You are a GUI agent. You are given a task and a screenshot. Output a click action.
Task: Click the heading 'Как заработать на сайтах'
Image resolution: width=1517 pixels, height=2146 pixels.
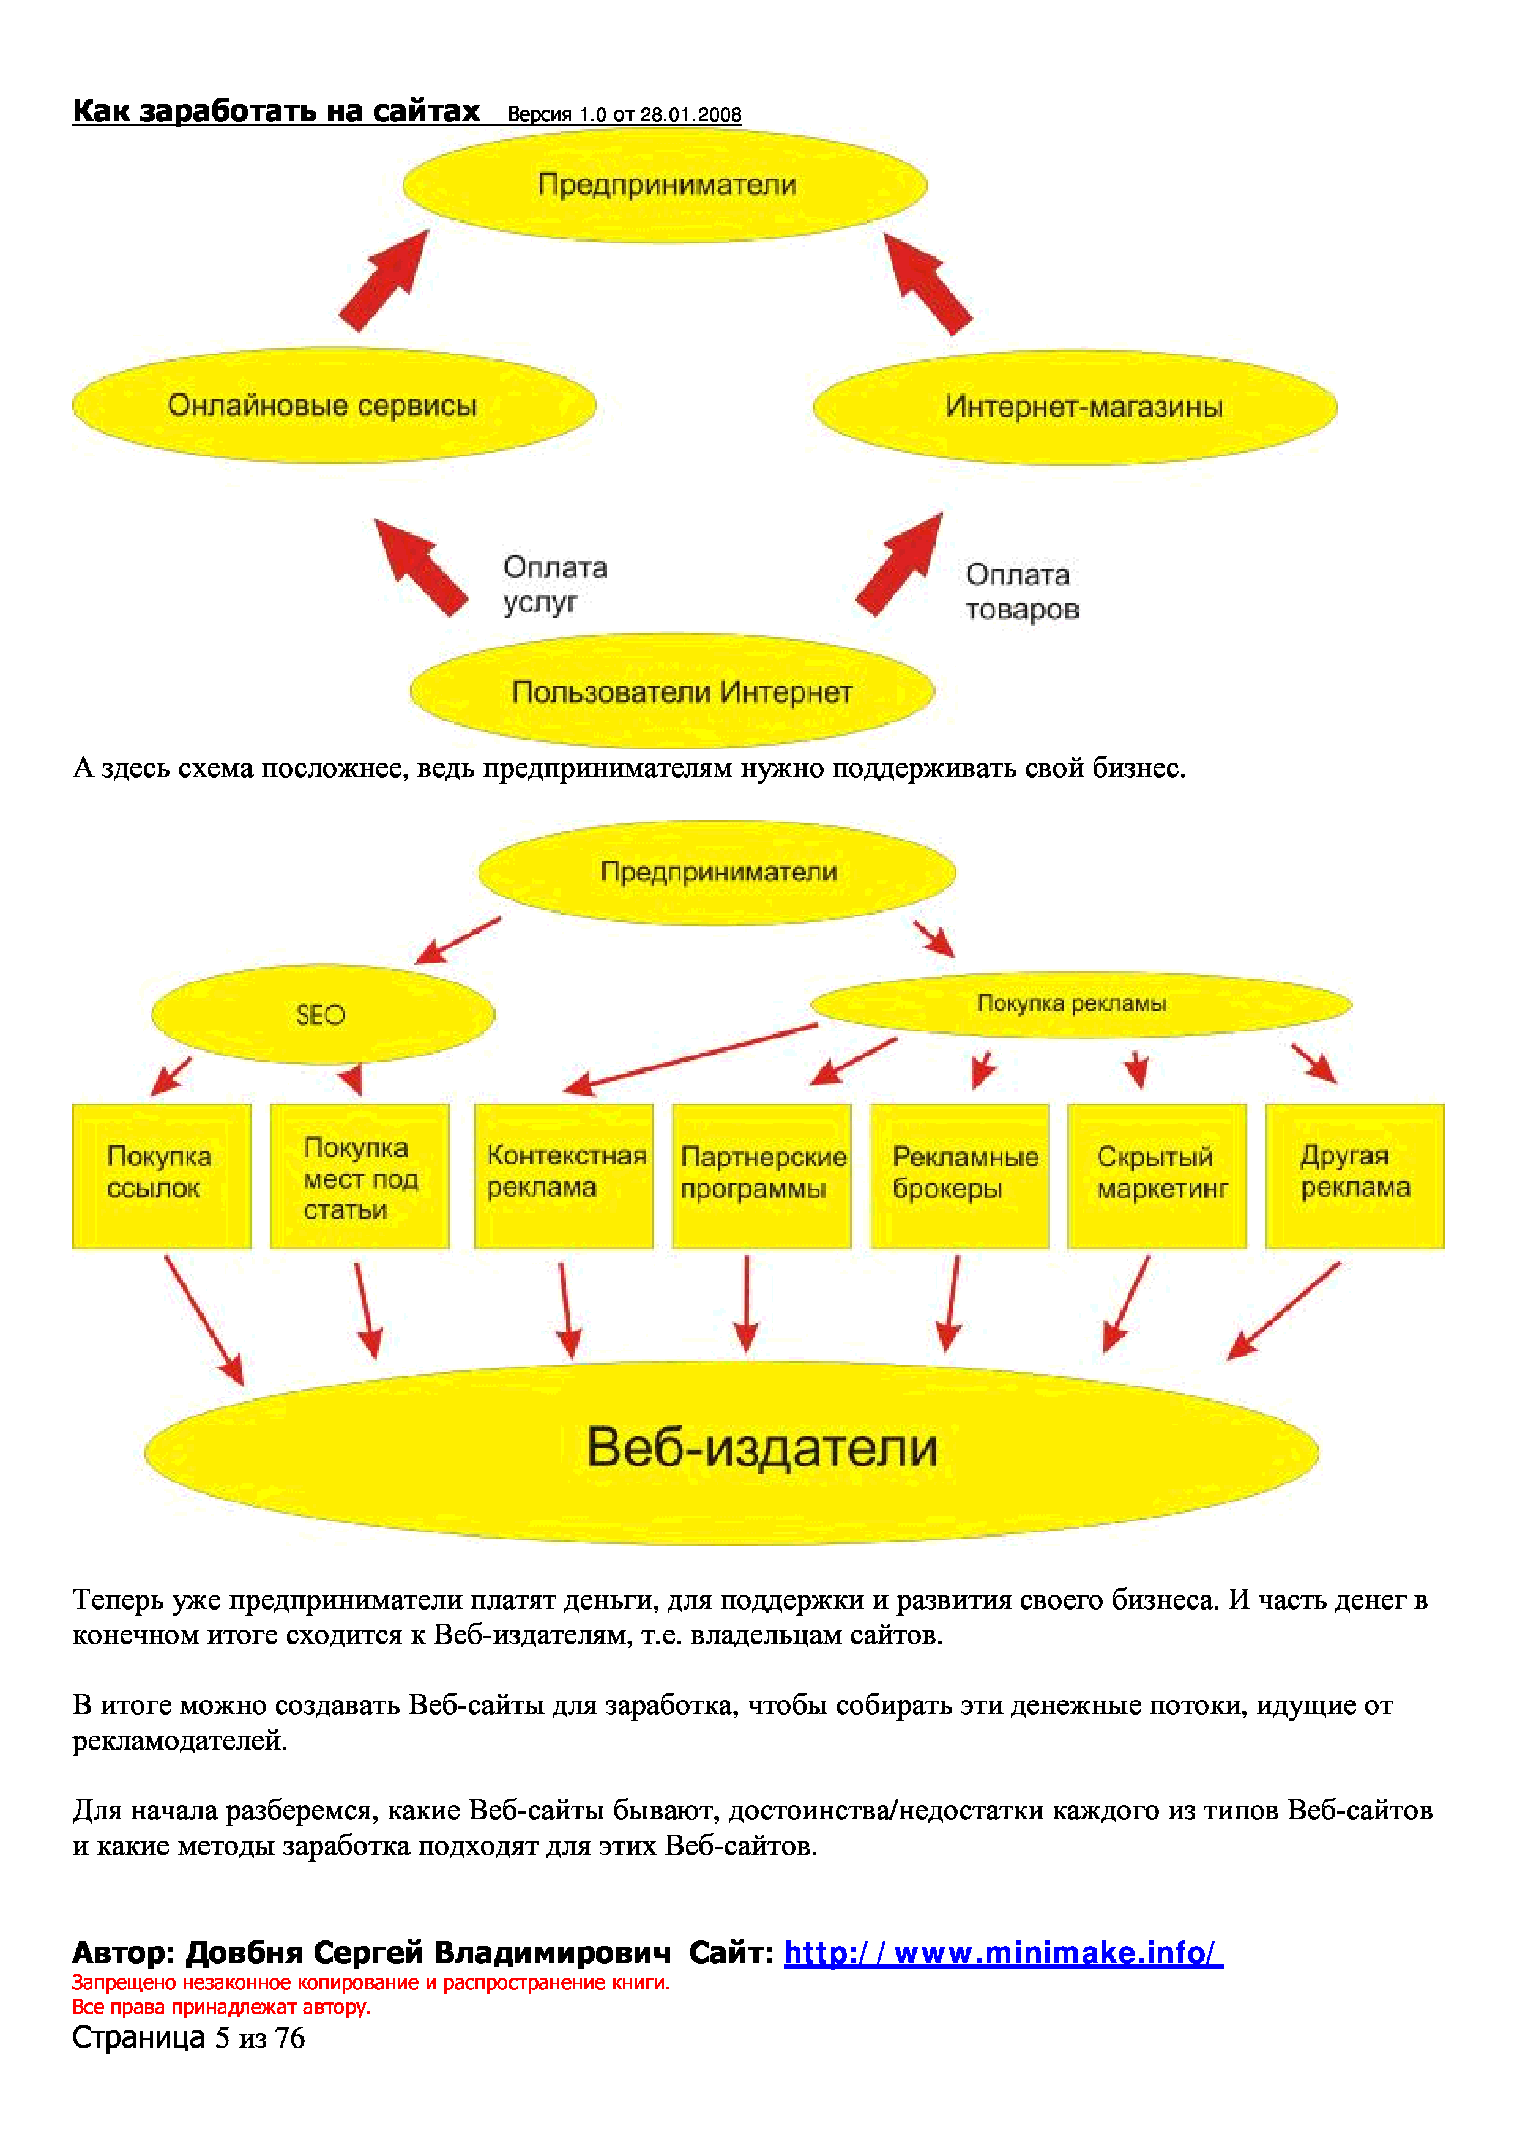pos(276,111)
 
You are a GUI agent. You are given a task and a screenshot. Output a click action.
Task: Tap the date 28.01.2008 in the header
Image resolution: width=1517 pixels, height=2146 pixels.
pos(690,115)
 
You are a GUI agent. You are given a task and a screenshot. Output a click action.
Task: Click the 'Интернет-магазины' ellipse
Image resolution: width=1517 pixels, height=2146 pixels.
pos(1075,407)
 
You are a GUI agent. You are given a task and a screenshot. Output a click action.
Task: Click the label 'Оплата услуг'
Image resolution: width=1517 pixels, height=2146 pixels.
pos(554,584)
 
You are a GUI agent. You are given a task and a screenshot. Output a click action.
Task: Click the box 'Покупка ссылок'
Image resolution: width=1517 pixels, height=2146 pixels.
pos(162,1175)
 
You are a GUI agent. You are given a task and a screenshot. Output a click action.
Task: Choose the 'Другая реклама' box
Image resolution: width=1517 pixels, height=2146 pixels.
pos(1354,1175)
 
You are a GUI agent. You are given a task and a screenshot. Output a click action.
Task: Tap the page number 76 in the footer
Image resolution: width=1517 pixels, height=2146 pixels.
pos(289,2038)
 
